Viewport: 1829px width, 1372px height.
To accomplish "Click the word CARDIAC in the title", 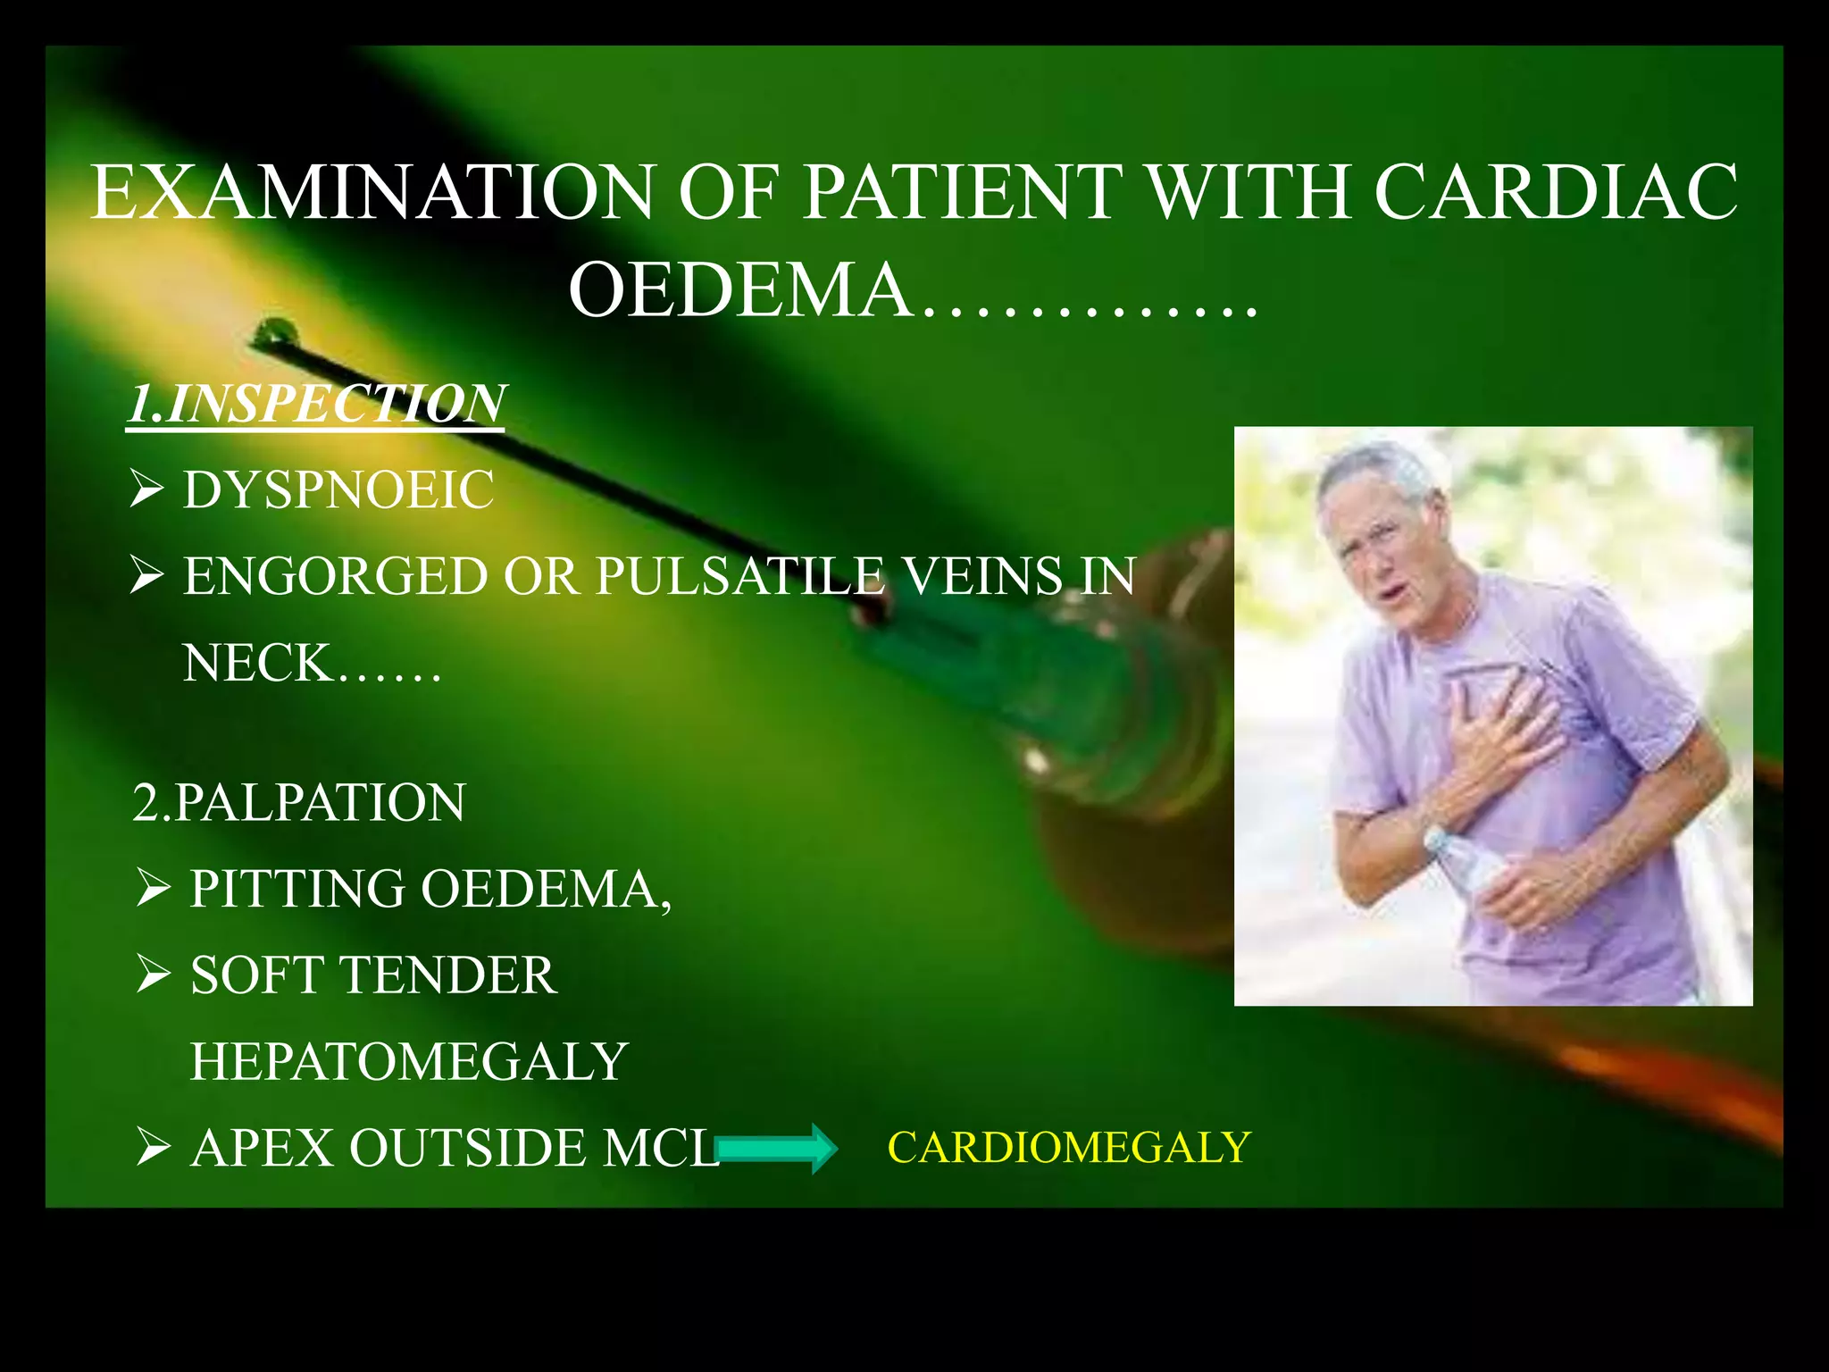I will [1556, 191].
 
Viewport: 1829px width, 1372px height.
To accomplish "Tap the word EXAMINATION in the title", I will [373, 191].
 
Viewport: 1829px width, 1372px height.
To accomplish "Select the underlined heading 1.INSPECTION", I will [317, 404].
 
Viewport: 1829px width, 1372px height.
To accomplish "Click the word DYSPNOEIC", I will [338, 489].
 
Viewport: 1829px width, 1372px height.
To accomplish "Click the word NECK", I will [257, 663].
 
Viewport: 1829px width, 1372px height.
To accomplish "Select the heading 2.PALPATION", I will [298, 802].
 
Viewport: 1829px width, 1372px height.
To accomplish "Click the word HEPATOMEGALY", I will [409, 1061].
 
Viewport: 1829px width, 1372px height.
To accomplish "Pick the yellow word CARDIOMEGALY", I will [1068, 1147].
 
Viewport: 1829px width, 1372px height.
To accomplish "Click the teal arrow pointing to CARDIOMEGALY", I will [776, 1148].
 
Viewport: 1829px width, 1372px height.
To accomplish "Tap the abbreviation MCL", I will [661, 1148].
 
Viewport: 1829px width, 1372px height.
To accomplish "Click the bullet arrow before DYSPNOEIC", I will [146, 489].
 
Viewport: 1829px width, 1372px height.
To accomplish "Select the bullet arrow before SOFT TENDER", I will [154, 975].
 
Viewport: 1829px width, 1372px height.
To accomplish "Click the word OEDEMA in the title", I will [739, 291].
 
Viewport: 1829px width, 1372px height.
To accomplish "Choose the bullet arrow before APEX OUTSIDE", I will [154, 1148].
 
